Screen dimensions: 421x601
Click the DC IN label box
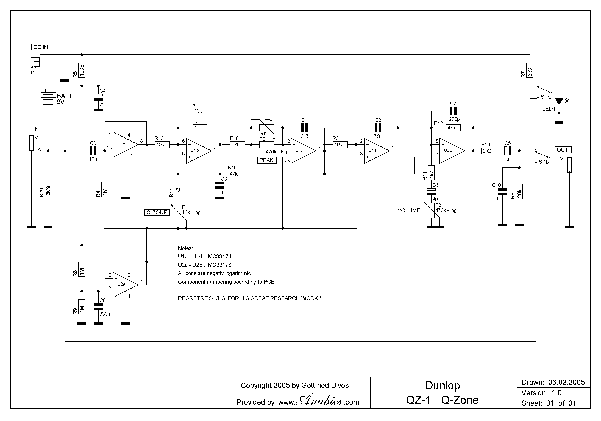(41, 47)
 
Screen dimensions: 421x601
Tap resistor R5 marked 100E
(82, 70)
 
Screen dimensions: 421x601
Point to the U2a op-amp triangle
(124, 285)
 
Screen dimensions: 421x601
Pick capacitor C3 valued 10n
(93, 151)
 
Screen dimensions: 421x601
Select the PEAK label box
(266, 160)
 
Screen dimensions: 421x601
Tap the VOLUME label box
(409, 210)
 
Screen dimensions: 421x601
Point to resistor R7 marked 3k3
(530, 70)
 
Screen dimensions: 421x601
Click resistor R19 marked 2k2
(488, 151)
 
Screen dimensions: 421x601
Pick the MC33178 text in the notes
(219, 265)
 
